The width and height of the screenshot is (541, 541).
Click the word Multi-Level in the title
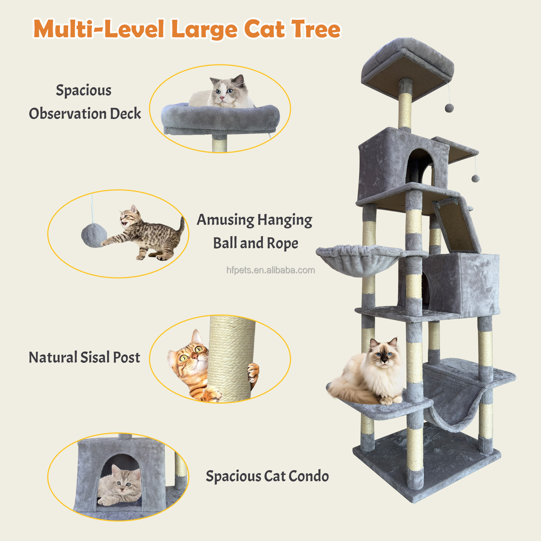tap(99, 29)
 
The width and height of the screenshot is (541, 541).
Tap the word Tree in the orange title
tap(316, 28)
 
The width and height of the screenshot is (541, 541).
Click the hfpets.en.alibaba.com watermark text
tap(270, 270)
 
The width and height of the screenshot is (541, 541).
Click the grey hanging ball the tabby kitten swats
tap(94, 235)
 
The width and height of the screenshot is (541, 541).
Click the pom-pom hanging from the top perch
tap(449, 108)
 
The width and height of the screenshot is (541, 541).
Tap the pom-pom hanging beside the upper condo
tap(475, 178)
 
